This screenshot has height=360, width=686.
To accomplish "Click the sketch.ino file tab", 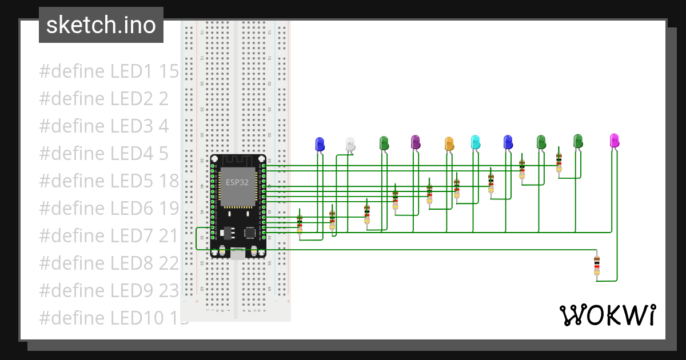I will tap(101, 25).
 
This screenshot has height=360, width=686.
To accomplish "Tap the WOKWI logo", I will tap(608, 315).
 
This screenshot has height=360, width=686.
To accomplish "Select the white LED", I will tap(350, 145).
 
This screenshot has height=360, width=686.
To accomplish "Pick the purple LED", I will tap(416, 142).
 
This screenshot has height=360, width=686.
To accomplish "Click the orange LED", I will tap(449, 143).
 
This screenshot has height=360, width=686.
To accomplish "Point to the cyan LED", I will tap(475, 142).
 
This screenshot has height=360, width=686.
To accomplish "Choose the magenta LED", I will tap(614, 140).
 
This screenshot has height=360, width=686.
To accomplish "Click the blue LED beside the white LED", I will tap(320, 143).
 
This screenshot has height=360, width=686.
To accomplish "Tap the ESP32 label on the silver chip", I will tap(236, 183).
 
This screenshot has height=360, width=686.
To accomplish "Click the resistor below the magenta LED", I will tap(597, 266).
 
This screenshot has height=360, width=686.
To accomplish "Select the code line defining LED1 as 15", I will tap(109, 71).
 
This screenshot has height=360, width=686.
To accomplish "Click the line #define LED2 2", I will tap(103, 99).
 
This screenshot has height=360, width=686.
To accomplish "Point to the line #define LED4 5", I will tap(103, 153).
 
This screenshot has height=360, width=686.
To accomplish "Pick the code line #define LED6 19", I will tap(109, 208).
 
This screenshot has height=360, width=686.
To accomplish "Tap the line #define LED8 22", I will tap(109, 263).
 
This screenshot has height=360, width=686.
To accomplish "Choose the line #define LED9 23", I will tap(109, 290).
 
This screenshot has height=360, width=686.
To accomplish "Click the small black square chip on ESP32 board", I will tap(250, 233).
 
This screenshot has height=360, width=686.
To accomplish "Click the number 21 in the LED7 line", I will tap(169, 235).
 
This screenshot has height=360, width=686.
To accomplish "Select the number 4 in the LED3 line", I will tap(163, 126).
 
